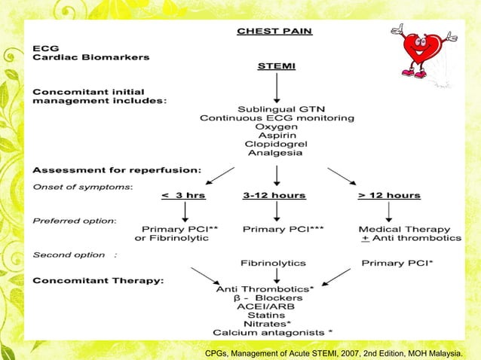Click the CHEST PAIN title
(x=274, y=31)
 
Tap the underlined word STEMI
(x=277, y=66)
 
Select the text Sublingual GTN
(x=277, y=107)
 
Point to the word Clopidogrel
(x=277, y=143)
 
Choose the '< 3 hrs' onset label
(x=183, y=195)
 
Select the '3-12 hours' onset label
(x=274, y=195)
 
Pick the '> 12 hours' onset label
(x=389, y=195)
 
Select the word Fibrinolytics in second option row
(x=273, y=264)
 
